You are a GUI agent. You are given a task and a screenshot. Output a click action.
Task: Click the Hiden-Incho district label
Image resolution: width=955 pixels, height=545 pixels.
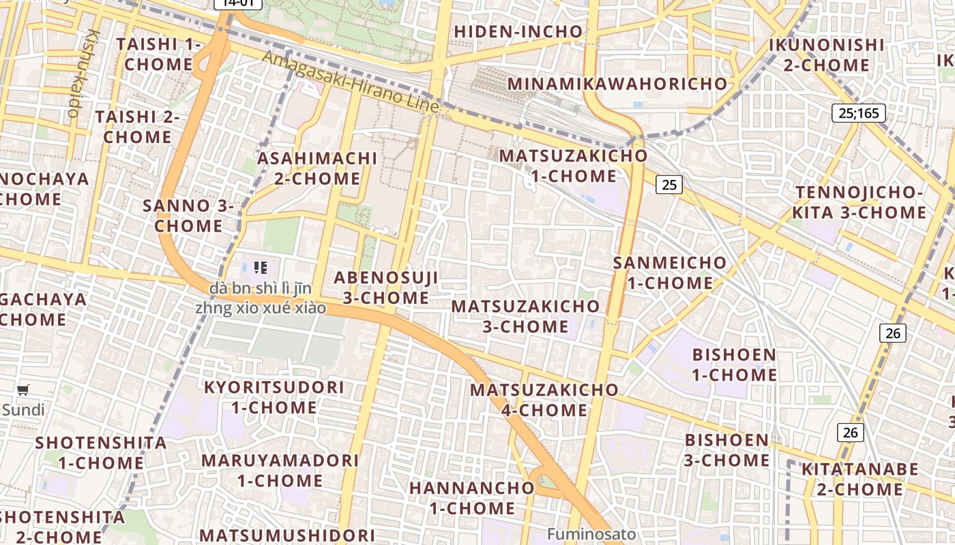[518, 31]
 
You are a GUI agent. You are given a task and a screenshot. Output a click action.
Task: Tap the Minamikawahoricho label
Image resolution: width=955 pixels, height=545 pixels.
[618, 84]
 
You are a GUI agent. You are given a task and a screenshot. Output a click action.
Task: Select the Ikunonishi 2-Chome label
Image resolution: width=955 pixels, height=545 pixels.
[826, 55]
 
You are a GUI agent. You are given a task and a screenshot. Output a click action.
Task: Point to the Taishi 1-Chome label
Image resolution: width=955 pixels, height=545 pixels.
[159, 54]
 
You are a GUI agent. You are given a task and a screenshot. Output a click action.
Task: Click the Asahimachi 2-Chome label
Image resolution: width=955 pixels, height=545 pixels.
[317, 168]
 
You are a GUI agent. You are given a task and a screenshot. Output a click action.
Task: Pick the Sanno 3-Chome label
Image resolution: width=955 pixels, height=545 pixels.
[188, 215]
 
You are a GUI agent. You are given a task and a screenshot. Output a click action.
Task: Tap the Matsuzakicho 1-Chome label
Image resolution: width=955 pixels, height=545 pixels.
[574, 166]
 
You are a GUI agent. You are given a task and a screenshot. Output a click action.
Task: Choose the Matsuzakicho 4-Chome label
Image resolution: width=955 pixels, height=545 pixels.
[544, 400]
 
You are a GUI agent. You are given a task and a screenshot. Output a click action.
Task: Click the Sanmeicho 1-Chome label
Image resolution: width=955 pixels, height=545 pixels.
[660, 272]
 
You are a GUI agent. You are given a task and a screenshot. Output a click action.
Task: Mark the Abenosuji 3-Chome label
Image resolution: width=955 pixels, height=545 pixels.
[385, 287]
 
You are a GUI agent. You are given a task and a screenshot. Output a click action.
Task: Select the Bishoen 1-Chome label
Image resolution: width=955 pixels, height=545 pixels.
[734, 364]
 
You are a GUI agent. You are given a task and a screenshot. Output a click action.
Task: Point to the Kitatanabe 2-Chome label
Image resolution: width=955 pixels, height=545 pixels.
[859, 479]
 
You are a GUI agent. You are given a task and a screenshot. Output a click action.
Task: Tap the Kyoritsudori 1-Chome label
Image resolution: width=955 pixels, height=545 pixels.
[274, 397]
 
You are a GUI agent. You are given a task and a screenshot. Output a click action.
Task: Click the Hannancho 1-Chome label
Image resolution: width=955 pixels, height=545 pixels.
[472, 498]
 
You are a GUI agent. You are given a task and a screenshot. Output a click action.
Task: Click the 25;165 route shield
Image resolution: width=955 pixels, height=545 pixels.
[858, 112]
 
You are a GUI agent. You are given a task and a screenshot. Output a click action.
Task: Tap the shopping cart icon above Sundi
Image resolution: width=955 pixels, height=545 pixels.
[23, 390]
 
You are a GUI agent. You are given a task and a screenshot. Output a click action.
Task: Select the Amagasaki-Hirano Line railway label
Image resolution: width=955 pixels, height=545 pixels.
[351, 82]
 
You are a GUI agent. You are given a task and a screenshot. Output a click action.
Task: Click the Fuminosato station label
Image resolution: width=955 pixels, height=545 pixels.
[591, 534]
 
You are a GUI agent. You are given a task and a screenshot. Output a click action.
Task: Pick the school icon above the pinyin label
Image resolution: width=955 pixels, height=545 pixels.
[260, 268]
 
